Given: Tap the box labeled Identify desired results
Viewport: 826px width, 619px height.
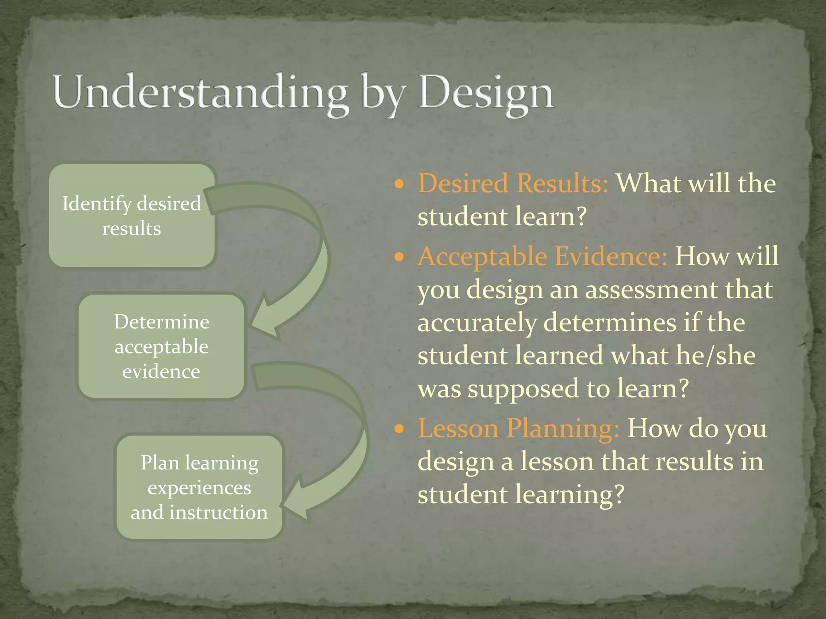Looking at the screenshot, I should [131, 216].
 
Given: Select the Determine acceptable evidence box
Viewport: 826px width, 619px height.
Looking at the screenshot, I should [161, 347].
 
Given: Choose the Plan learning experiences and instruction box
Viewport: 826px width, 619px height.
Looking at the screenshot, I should [199, 487].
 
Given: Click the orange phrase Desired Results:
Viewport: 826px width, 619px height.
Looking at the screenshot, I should [513, 183].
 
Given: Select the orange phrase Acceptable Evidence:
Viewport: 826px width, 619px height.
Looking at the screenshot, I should [542, 256].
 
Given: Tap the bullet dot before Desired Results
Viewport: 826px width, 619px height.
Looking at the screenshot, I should [399, 185].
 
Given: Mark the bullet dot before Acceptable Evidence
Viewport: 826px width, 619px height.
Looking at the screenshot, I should [399, 257].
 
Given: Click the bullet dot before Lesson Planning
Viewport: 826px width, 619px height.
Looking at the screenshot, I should [399, 429].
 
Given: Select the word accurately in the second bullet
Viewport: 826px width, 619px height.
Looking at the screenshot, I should [477, 323].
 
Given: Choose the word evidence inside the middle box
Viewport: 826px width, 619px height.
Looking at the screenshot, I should [161, 372].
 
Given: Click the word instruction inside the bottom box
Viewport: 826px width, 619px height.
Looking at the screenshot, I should [218, 513].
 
